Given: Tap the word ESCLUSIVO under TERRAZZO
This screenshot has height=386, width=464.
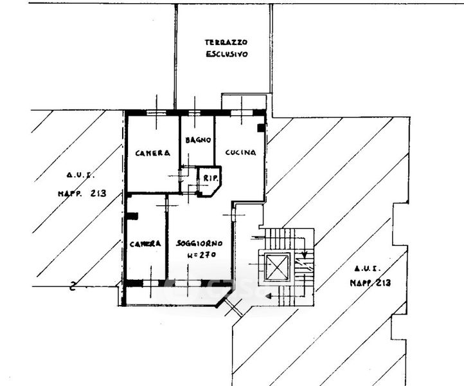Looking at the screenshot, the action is [227, 55].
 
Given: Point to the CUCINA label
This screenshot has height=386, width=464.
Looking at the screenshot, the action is [240, 152].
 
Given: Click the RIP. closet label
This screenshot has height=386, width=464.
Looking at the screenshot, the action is [210, 178].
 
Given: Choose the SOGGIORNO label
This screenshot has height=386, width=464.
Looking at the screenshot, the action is [200, 244].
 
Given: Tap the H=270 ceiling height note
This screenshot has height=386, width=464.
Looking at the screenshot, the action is [200, 255].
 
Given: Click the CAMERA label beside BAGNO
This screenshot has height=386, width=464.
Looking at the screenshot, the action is [152, 153].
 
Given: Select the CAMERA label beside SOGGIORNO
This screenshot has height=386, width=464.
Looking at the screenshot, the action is [145, 244].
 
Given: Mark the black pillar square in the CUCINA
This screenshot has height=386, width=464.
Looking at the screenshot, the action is [260, 128].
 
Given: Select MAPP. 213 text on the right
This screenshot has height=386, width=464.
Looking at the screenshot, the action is [370, 283].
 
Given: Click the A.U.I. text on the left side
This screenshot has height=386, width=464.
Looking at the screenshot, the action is [80, 174].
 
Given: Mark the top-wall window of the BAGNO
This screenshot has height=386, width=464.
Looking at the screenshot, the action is [196, 113].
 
